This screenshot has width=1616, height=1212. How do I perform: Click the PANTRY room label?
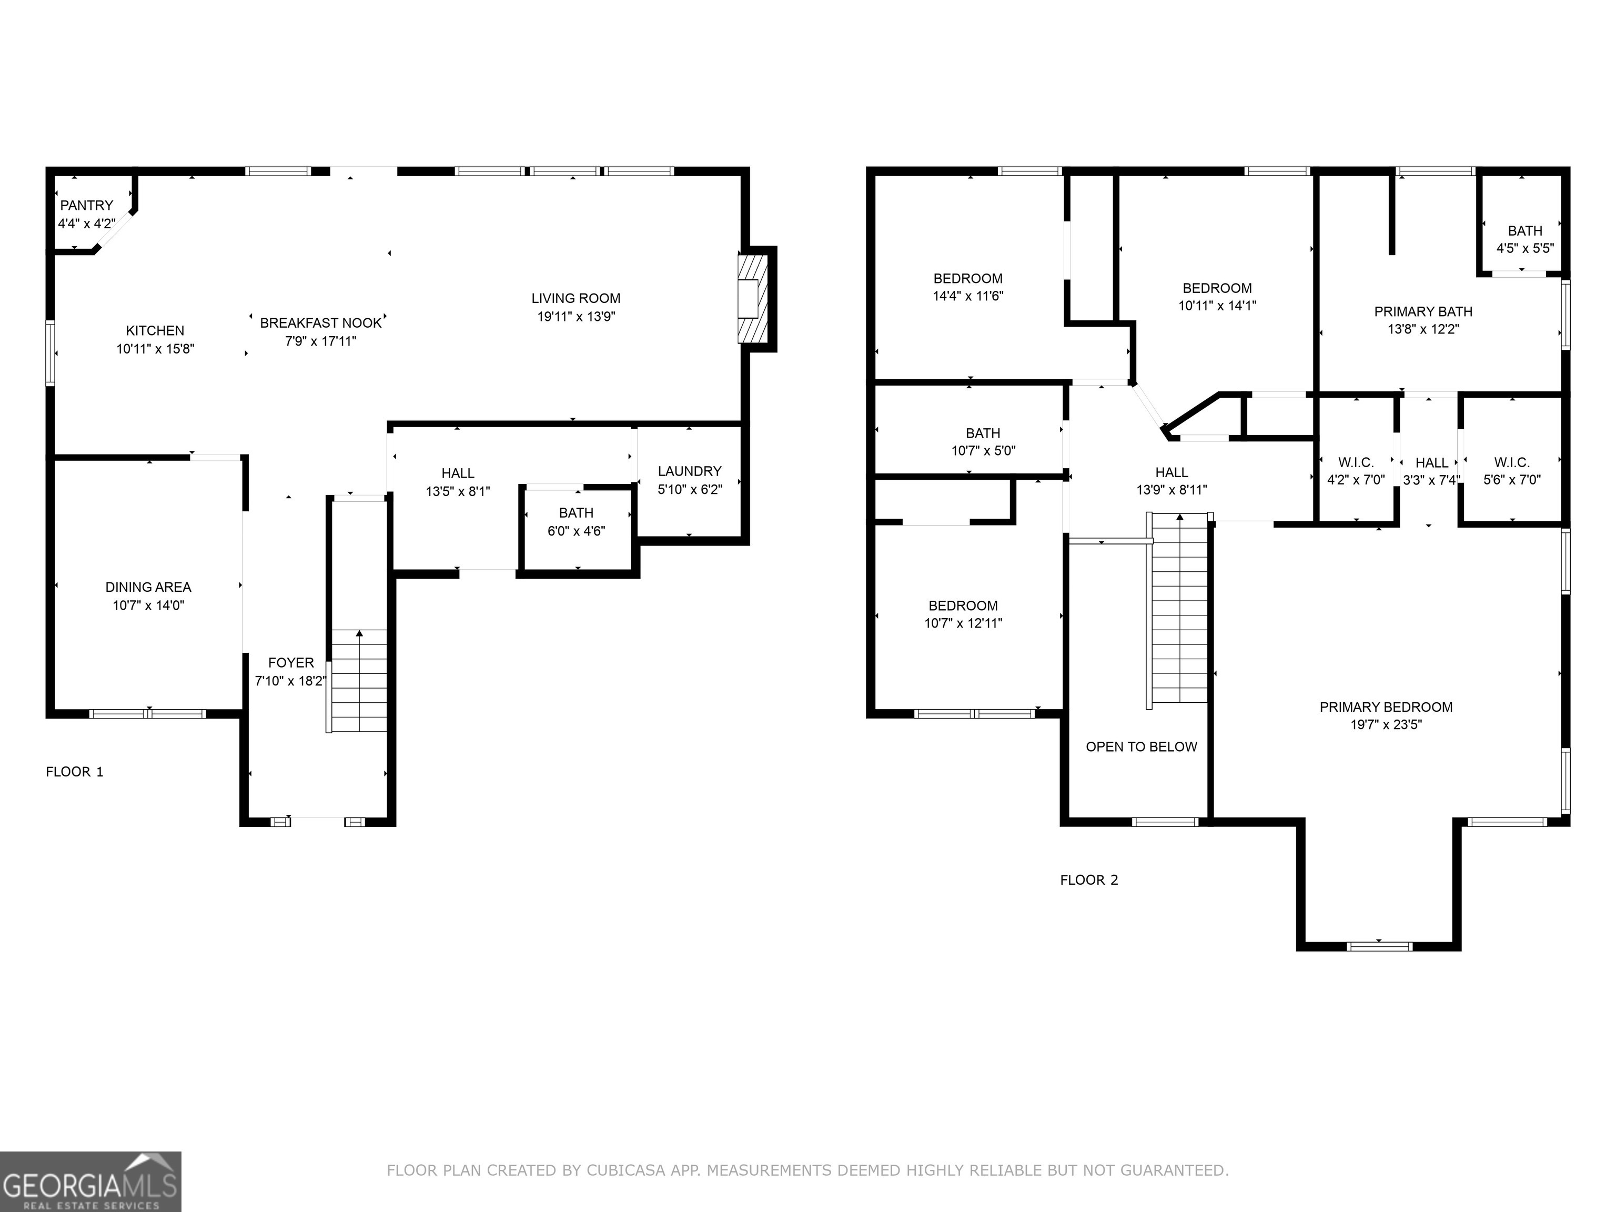pyautogui.click(x=86, y=205)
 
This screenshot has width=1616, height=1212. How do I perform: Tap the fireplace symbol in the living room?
pyautogui.click(x=752, y=298)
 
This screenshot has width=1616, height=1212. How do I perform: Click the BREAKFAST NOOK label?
pyautogui.click(x=321, y=323)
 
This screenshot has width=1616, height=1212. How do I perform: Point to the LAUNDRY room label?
pyautogui.click(x=689, y=471)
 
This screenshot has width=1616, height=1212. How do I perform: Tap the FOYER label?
pyautogui.click(x=291, y=663)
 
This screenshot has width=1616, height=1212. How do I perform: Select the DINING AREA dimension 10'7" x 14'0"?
pyautogui.click(x=148, y=605)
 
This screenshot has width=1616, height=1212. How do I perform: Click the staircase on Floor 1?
pyautogui.click(x=359, y=681)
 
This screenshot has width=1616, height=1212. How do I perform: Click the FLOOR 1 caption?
pyautogui.click(x=75, y=772)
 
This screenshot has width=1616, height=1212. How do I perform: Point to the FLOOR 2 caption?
pyautogui.click(x=1088, y=880)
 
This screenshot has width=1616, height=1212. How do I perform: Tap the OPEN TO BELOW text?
pyautogui.click(x=1141, y=746)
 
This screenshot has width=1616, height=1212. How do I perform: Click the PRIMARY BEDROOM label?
pyautogui.click(x=1385, y=706)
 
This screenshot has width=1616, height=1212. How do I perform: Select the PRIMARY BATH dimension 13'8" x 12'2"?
pyautogui.click(x=1422, y=329)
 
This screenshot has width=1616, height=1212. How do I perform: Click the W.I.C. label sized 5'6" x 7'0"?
pyautogui.click(x=1511, y=462)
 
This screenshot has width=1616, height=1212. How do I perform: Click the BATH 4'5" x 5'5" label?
pyautogui.click(x=1524, y=231)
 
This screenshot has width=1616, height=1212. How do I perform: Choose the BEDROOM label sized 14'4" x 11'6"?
pyautogui.click(x=967, y=278)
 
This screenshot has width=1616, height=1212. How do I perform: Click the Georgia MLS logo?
pyautogui.click(x=90, y=1181)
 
